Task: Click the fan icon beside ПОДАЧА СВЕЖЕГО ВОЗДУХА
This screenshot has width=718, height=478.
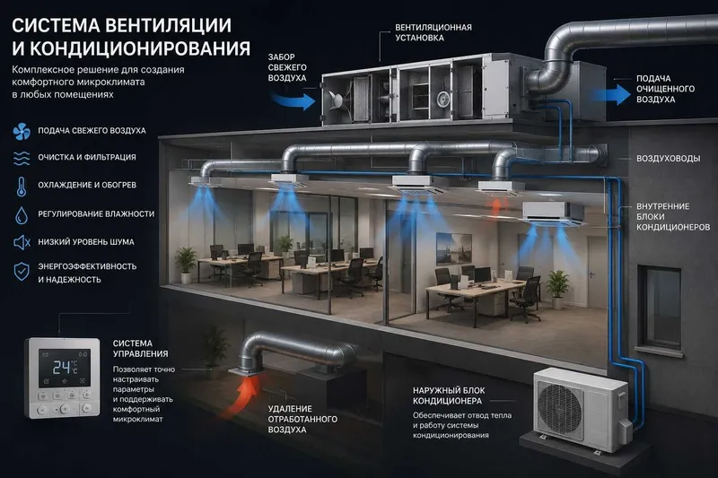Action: pyautogui.click(x=22, y=131)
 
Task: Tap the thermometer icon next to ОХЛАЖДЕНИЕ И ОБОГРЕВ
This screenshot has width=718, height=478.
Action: pyautogui.click(x=21, y=187)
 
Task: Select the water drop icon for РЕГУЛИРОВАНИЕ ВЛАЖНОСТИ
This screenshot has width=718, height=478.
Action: pyautogui.click(x=22, y=215)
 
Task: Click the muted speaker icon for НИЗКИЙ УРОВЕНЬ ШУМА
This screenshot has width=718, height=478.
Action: pyautogui.click(x=22, y=242)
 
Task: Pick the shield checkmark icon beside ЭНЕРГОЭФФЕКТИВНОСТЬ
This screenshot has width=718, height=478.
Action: pyautogui.click(x=22, y=271)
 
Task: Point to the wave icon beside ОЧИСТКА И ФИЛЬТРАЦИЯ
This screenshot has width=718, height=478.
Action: pyautogui.click(x=22, y=158)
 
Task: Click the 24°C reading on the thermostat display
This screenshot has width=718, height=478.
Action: pyautogui.click(x=65, y=367)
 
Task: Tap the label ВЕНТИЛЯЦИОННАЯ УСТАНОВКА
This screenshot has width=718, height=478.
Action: pyautogui.click(x=433, y=32)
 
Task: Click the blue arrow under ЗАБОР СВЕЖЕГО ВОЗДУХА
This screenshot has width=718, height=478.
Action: pyautogui.click(x=293, y=100)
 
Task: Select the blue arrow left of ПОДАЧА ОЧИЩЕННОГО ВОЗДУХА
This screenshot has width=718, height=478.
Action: pyautogui.click(x=611, y=95)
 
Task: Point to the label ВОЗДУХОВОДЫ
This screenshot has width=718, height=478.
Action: pyautogui.click(x=668, y=159)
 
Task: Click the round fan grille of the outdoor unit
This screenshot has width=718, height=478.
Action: pyautogui.click(x=559, y=410)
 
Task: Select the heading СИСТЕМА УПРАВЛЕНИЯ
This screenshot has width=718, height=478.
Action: pyautogui.click(x=140, y=349)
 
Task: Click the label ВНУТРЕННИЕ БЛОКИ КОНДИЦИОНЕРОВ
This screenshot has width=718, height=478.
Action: pyautogui.click(x=672, y=217)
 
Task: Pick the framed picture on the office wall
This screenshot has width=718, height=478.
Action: pyautogui.click(x=453, y=248)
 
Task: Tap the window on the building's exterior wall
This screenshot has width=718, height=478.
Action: pyautogui.click(x=661, y=308)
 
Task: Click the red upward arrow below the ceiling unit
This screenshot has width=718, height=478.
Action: pyautogui.click(x=496, y=207)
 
